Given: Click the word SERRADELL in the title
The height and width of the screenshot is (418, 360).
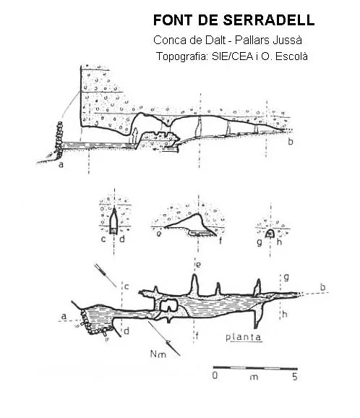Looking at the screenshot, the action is tap(269, 20).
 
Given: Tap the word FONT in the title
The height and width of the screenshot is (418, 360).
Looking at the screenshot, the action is tap(173, 20).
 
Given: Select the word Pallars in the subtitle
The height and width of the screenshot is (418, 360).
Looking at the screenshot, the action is tap(252, 40).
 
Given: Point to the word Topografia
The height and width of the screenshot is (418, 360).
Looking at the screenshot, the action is tap(182, 56).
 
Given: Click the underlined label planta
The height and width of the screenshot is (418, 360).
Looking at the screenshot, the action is tap(244, 337).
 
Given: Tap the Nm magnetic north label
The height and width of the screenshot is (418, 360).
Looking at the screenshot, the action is tap(158, 354).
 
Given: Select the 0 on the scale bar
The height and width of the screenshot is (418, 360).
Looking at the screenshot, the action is tap(215, 375).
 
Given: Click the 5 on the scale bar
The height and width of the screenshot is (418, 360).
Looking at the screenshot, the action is tap(294, 377).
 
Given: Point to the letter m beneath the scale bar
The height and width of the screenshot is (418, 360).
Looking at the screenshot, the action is tap(254, 378).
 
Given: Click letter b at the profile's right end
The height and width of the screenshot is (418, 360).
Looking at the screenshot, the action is tap(291, 142).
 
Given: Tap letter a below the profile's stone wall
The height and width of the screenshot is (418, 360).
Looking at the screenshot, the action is tap(61, 164).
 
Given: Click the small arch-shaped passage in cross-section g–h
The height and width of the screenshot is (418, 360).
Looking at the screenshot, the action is tap(270, 234).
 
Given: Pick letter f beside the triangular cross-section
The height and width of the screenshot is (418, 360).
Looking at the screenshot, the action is tap(220, 242).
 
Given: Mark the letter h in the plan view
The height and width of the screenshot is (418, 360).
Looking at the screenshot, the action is tap(285, 315).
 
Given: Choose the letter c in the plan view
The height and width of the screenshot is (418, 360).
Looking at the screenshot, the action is tap(127, 287).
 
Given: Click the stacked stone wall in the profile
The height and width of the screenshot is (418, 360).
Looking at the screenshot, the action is tap(59, 139).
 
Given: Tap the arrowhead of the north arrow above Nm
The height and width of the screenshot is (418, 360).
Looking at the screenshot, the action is tap(168, 343).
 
